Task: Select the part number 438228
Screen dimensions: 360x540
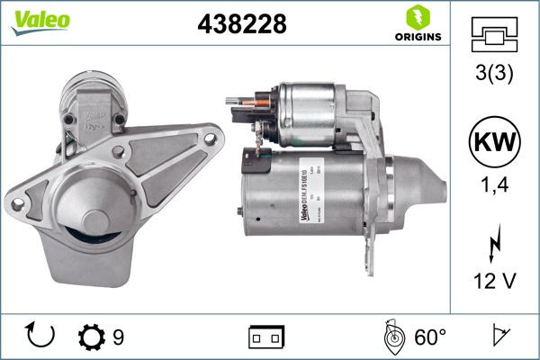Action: coord(240,24)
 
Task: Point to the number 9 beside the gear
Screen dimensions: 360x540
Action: coord(118,337)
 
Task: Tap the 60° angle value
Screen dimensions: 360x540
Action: coord(429,337)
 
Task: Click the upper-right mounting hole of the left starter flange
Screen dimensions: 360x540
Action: coord(211,139)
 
